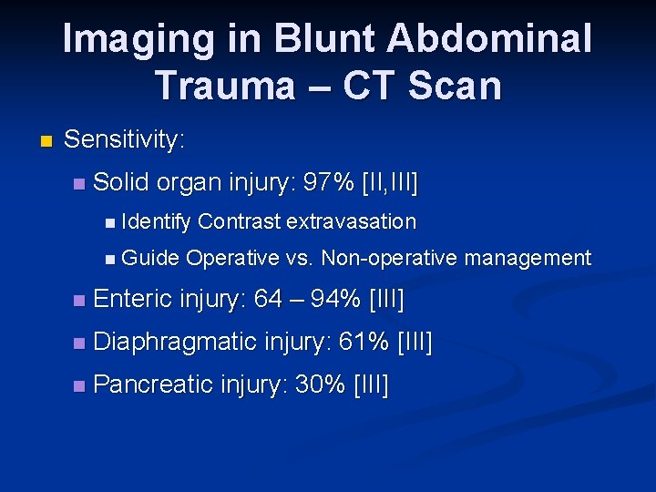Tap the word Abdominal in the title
point(492,39)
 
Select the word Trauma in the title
point(224,86)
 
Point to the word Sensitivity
point(125,140)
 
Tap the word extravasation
point(351,221)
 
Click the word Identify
point(156,221)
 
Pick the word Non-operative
point(389,259)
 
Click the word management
point(528,259)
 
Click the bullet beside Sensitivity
point(46,141)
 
